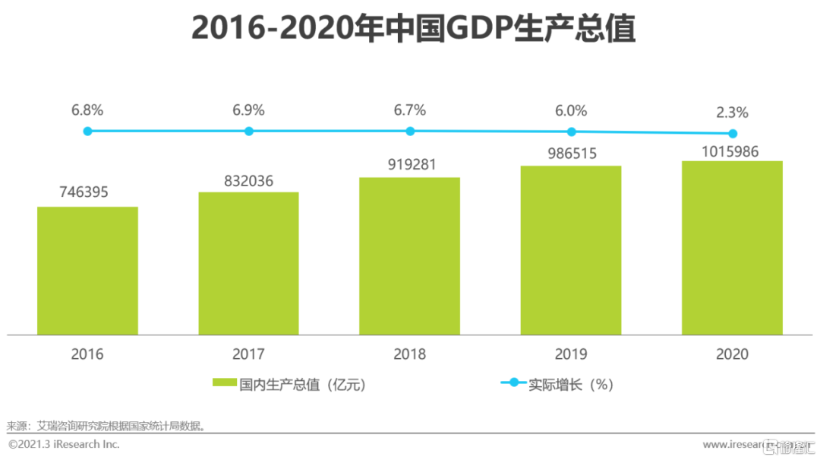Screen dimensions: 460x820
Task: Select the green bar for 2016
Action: point(87,270)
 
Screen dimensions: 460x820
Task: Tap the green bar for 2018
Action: point(409,255)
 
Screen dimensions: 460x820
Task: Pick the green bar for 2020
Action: point(732,247)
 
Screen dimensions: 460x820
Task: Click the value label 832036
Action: point(248,181)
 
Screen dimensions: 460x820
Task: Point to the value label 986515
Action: point(571,154)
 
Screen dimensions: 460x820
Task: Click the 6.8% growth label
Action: point(87,110)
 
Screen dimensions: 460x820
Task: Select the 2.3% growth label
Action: point(732,113)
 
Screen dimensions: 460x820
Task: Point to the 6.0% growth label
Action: point(571,110)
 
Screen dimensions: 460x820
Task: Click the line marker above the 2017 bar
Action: point(248,131)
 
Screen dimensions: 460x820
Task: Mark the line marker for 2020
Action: point(732,134)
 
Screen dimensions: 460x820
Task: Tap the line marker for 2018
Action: point(410,131)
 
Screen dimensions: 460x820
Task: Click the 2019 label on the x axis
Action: point(571,354)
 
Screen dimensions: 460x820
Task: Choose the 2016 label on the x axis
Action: point(87,354)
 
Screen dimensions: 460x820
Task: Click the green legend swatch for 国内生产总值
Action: point(224,384)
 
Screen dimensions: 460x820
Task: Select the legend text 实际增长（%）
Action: point(571,384)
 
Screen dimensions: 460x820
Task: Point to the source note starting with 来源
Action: point(106,426)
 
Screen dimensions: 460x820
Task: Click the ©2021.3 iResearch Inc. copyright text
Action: point(64,444)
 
